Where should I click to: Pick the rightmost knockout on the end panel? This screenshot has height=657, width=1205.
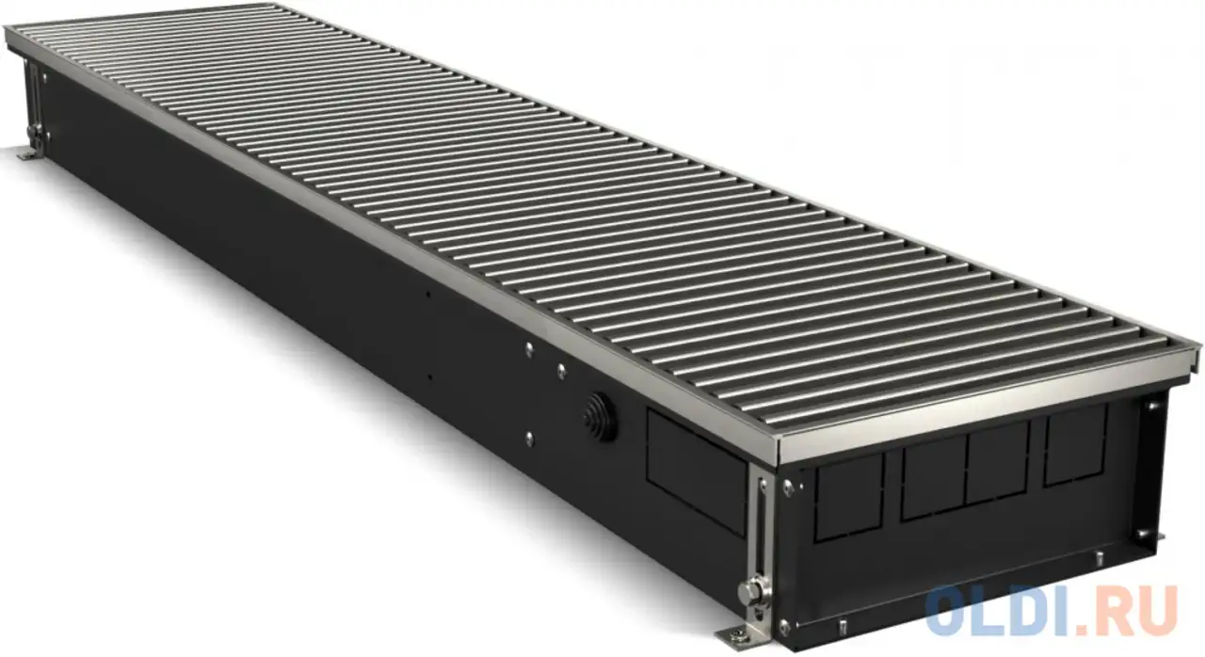tap(1074, 449)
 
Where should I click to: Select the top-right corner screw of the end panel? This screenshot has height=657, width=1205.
tap(1149, 407)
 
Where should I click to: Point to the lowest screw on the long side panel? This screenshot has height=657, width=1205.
tap(529, 436)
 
